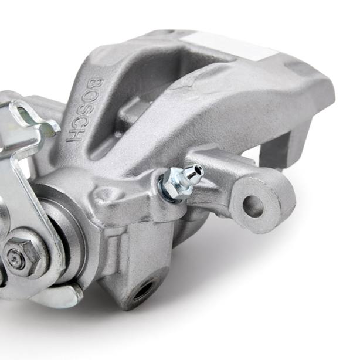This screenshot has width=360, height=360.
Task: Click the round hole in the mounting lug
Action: pyautogui.click(x=253, y=206)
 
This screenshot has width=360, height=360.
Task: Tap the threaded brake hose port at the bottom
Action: pyautogui.click(x=142, y=290)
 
